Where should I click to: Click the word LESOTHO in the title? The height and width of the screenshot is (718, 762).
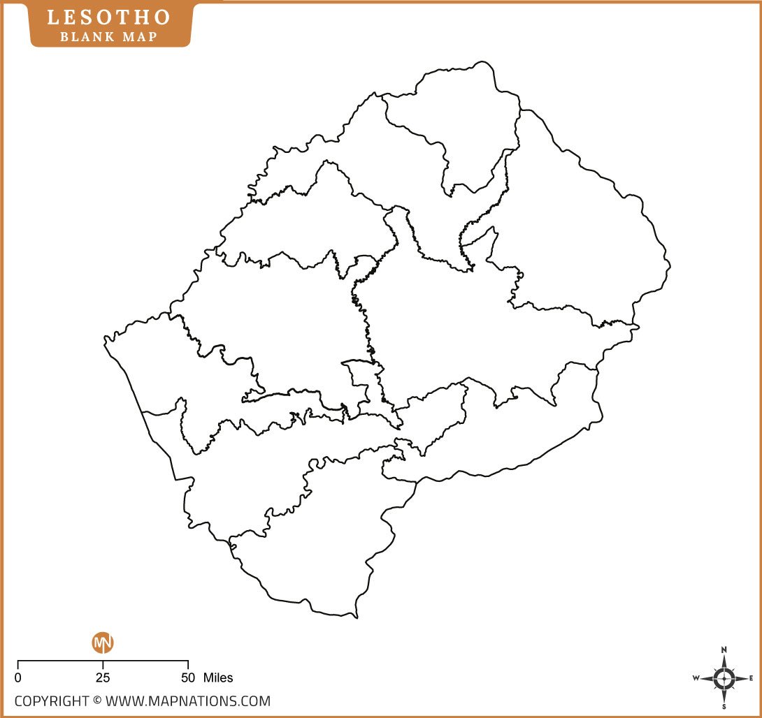[x=108, y=17]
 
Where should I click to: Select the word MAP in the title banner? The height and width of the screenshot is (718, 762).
[x=140, y=36]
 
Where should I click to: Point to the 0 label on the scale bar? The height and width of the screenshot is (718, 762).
[x=17, y=677]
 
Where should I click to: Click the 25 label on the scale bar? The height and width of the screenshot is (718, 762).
[x=103, y=677]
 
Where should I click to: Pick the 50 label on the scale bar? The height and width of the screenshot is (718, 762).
[x=188, y=677]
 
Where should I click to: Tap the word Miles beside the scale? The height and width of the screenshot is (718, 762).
[x=218, y=677]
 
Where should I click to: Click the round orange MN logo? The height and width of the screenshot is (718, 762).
[x=103, y=643]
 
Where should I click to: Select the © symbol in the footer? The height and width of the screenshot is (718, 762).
[x=97, y=701]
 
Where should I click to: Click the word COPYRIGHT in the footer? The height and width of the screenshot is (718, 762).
[x=52, y=701]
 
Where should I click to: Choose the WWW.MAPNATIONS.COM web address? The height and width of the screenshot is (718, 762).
[x=188, y=701]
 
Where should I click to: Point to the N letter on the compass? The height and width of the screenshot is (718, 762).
[x=724, y=650]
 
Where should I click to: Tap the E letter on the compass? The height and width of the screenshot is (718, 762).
[x=751, y=678]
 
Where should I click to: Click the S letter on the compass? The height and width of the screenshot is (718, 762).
[x=724, y=706]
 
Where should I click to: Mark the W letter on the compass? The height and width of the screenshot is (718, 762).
[x=696, y=678]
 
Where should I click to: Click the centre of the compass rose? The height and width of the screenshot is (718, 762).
[x=724, y=678]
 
